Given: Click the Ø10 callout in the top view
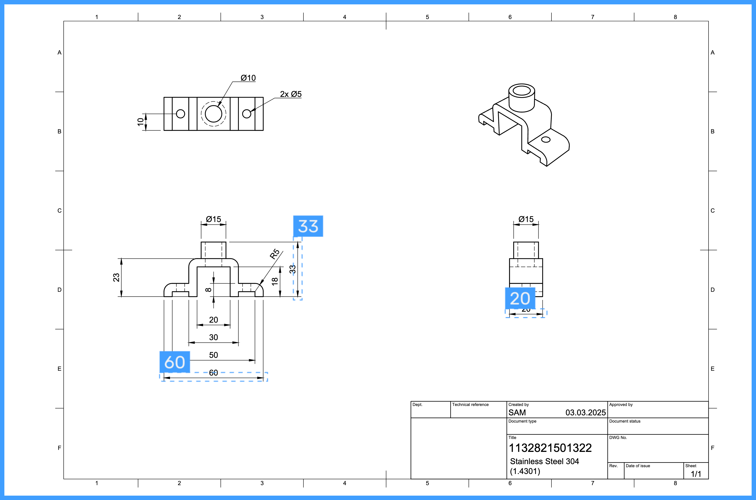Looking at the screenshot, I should tap(248, 78).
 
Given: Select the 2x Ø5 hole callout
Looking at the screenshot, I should tap(290, 94).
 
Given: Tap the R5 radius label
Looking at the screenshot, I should tap(275, 254).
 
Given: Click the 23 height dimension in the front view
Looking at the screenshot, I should tap(116, 277).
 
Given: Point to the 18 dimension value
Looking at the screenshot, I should tap(275, 281).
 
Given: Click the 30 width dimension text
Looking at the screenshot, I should tap(213, 337).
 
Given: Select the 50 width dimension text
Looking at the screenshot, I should tap(213, 355).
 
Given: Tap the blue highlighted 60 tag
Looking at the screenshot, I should tap(174, 362).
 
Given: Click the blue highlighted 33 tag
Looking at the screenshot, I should tap(308, 226).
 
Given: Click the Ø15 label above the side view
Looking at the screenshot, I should tap(526, 219).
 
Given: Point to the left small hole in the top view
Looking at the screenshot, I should tap(180, 114).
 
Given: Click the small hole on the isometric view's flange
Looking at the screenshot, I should tap(546, 140).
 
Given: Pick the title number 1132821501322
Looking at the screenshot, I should tap(550, 448).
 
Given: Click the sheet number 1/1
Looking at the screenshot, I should tap(696, 474).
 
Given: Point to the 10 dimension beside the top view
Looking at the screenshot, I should tap(140, 122).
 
